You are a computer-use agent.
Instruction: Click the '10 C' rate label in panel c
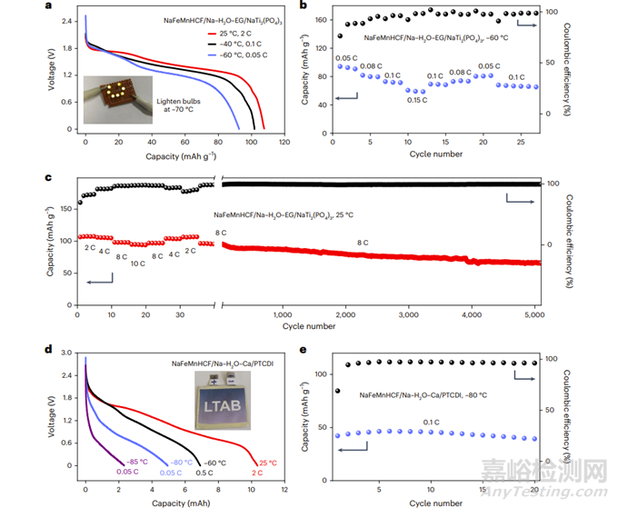point(137,264)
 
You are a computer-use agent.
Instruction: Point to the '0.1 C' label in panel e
point(429,421)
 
